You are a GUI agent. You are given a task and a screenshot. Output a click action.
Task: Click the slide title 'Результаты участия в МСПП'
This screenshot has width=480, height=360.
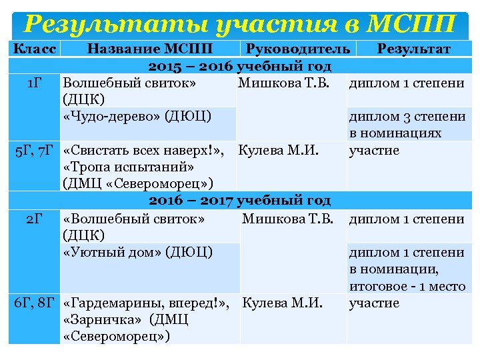(239, 24)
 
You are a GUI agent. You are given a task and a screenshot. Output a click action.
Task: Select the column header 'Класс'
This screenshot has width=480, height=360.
(35, 49)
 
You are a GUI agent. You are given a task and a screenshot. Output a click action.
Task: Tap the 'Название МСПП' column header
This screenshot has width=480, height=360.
(150, 49)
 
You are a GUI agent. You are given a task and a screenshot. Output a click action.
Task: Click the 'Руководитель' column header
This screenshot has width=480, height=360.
(298, 49)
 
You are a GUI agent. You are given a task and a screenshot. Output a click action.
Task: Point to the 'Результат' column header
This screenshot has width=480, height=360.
(413, 49)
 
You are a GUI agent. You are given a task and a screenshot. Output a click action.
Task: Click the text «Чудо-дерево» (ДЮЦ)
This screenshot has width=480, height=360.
(137, 116)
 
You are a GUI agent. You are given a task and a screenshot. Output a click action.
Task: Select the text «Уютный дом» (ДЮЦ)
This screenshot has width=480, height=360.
(137, 251)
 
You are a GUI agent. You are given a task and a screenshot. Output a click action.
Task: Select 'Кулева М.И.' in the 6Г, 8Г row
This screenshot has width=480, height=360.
(283, 303)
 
